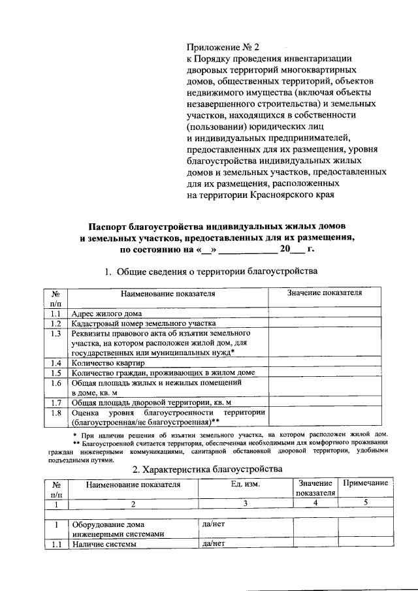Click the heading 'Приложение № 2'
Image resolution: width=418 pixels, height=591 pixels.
tap(223, 47)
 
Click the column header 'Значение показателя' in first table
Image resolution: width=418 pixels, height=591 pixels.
tap(325, 293)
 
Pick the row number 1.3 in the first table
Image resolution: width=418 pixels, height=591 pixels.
tap(56, 334)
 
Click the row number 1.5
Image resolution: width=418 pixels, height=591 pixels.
tap(56, 373)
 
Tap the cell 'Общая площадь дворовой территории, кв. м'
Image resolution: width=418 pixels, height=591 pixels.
tap(151, 402)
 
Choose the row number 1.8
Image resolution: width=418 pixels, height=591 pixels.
tap(56, 413)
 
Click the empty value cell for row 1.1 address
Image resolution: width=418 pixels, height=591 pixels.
tap(325, 313)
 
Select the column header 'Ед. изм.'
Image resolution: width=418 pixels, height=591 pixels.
tap(245, 484)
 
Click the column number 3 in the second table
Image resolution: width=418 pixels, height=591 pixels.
tap(245, 503)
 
